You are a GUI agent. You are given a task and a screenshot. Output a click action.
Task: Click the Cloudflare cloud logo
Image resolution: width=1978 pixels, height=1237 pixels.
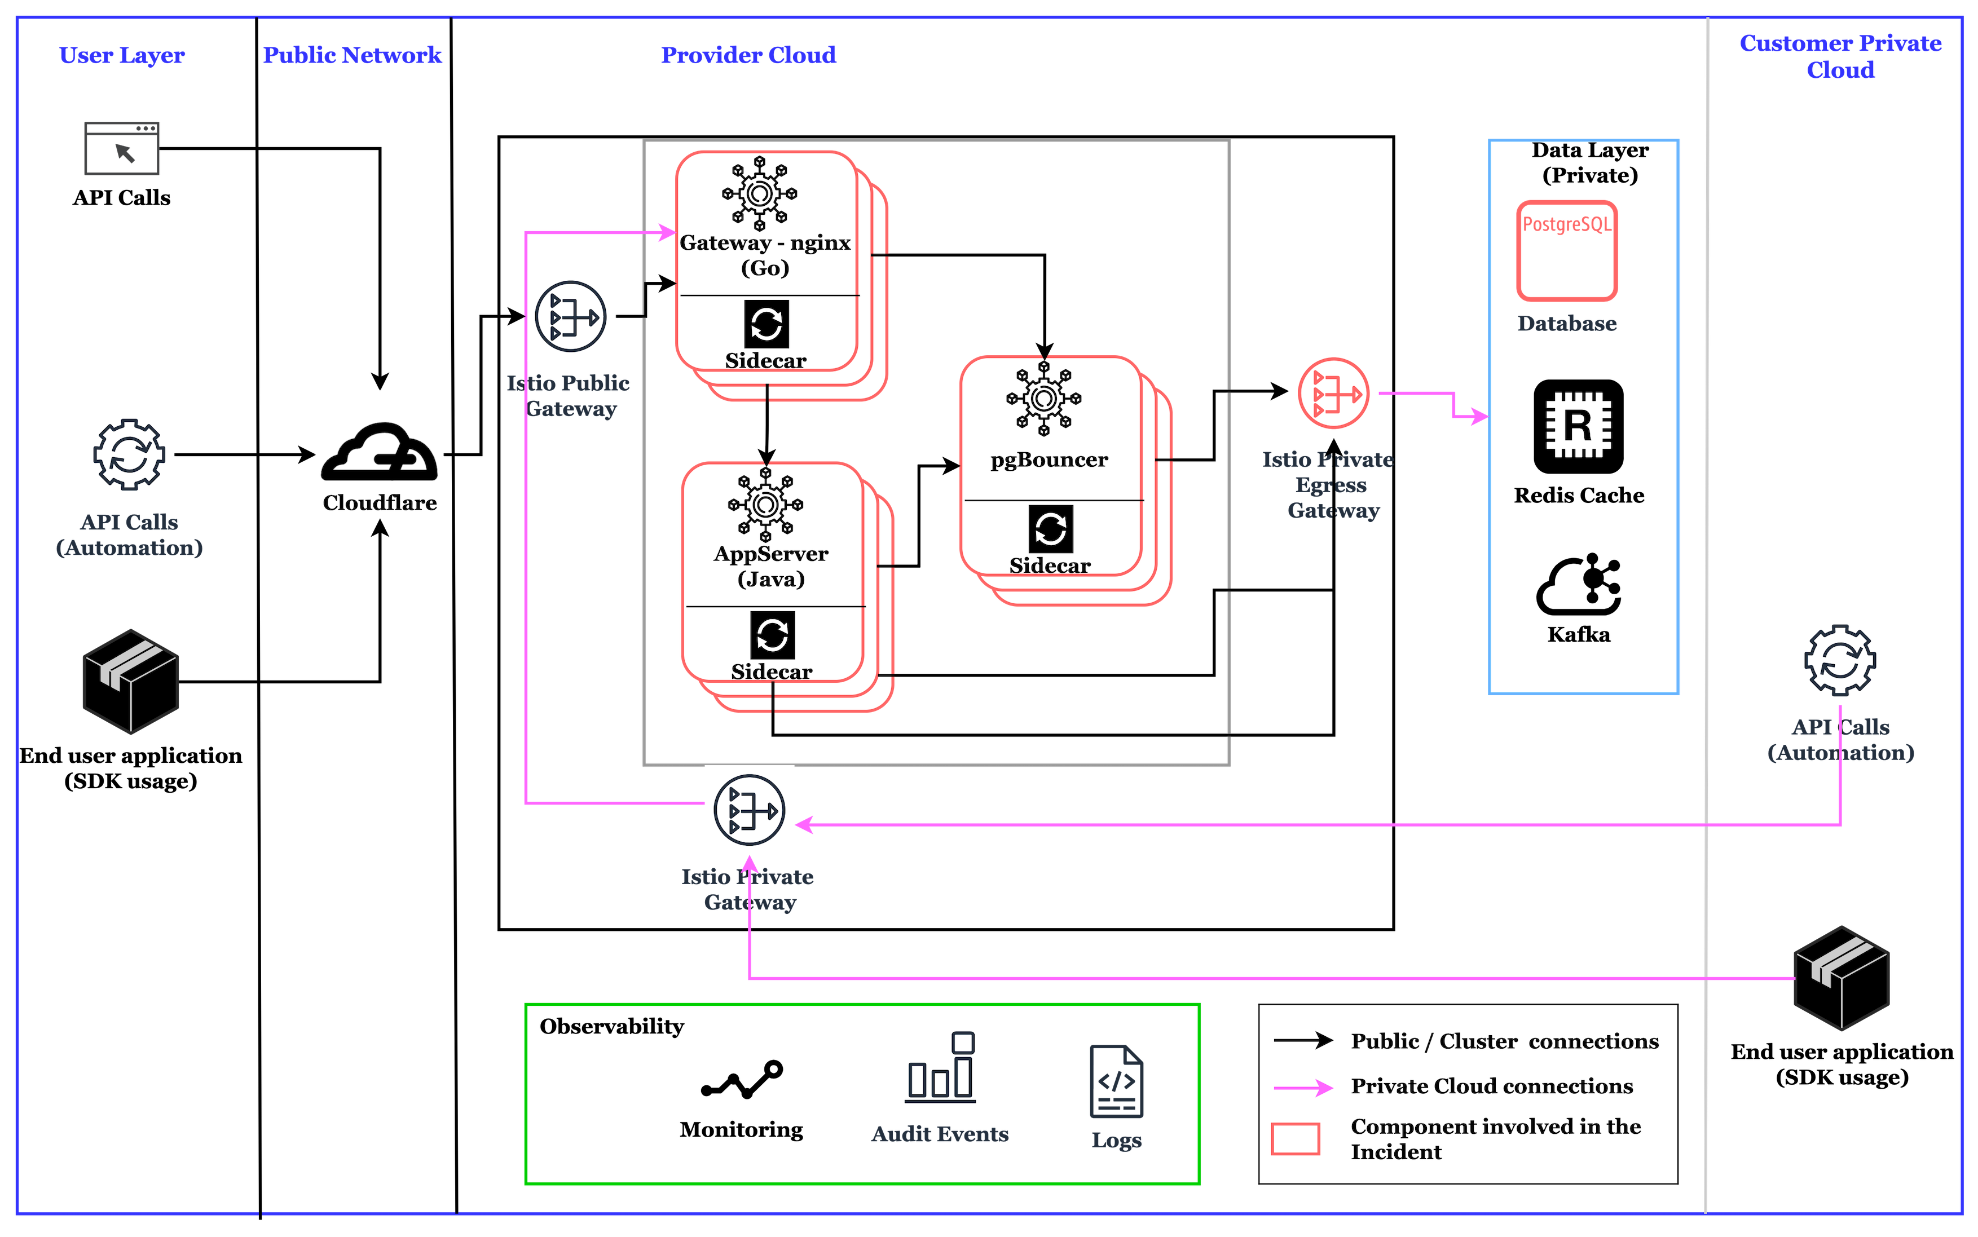tap(379, 452)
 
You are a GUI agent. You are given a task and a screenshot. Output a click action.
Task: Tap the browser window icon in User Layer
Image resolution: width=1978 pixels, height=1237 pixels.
tap(122, 149)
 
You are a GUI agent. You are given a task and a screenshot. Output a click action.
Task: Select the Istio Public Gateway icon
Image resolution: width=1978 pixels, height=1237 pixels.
tap(571, 317)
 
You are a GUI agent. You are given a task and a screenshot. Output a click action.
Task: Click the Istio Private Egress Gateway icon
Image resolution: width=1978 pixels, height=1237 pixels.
tap(1333, 394)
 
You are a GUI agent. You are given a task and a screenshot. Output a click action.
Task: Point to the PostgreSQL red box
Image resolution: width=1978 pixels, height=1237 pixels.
tap(1566, 250)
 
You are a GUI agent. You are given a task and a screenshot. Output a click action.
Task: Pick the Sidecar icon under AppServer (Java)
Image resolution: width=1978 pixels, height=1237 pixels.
tap(772, 635)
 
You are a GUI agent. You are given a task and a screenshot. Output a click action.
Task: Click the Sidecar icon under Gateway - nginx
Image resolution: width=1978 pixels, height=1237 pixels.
tap(766, 324)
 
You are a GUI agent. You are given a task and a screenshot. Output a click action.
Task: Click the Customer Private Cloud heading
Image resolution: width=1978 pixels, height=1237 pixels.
tap(1840, 56)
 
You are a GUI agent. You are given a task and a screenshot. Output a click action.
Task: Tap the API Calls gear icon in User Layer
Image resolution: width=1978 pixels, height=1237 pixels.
tap(129, 455)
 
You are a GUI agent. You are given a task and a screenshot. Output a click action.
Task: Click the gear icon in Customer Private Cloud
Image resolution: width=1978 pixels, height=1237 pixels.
tap(1840, 660)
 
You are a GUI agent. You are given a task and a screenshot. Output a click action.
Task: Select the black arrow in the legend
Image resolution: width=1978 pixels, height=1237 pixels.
tap(1303, 1041)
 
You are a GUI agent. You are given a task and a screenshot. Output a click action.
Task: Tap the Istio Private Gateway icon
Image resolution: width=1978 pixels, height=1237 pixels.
tap(749, 811)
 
